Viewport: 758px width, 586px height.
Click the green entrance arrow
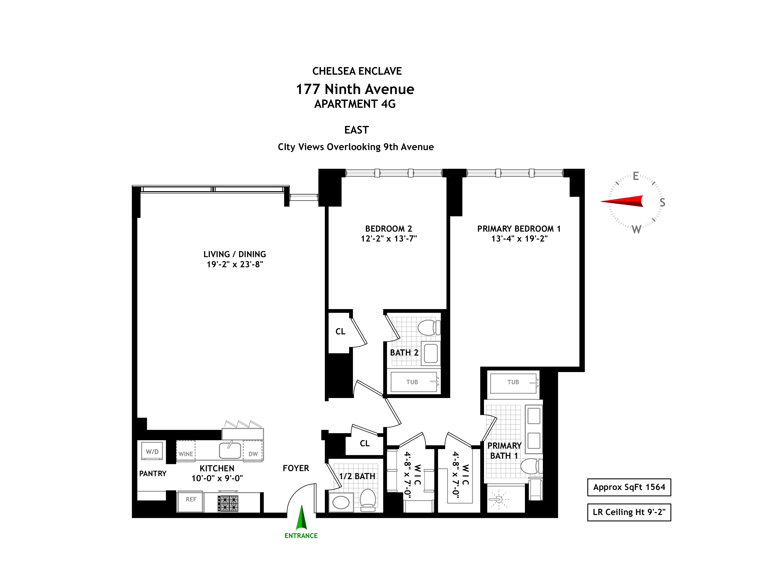(301, 517)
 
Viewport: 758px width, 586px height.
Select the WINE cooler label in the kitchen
(186, 453)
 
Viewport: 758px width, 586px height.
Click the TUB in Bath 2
(413, 382)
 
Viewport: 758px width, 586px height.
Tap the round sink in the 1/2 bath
(341, 502)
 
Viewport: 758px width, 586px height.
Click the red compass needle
(623, 201)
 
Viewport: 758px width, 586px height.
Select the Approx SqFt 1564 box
(629, 487)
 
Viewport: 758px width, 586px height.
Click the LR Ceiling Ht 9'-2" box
(629, 512)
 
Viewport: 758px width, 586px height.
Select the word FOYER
(296, 468)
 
